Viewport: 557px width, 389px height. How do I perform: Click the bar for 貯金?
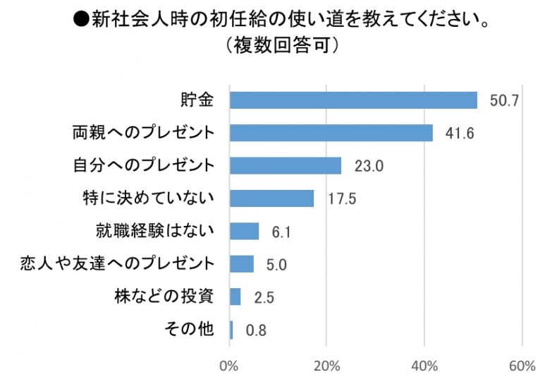click(x=353, y=100)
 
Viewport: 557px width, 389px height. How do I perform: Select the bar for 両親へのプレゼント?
click(x=331, y=133)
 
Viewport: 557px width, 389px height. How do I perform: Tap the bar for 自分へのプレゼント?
click(x=286, y=166)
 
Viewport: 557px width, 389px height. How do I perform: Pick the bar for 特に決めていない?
click(x=272, y=198)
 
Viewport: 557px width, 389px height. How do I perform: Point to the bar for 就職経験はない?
click(x=245, y=231)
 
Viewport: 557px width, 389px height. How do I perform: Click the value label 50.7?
click(x=505, y=101)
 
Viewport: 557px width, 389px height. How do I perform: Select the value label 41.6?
click(x=460, y=133)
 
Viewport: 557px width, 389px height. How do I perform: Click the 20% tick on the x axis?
click(x=326, y=366)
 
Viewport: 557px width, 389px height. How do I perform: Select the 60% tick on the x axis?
click(x=522, y=366)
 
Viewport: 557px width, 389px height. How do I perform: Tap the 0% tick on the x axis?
click(x=229, y=366)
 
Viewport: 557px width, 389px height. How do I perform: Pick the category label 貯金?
click(x=197, y=100)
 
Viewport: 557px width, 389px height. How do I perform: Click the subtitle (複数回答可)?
click(x=280, y=44)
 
